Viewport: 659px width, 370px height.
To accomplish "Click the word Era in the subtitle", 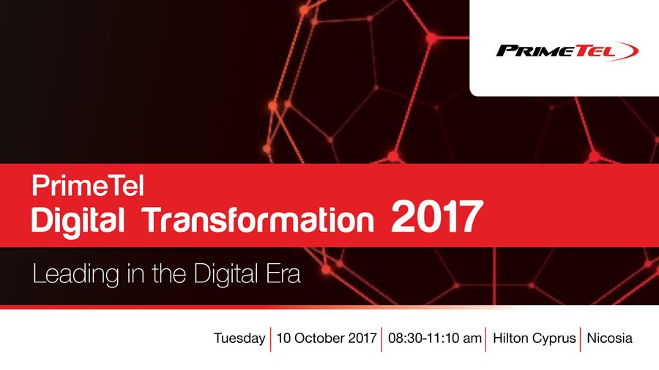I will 282,275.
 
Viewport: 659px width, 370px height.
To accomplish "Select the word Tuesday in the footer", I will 239,339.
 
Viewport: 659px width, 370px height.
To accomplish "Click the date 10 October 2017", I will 327,339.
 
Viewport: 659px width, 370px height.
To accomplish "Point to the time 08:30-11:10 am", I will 434,339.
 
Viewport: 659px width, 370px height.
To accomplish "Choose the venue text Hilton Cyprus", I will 535,339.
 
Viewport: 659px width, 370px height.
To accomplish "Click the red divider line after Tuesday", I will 271,339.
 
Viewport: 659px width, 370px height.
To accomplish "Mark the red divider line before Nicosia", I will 580,339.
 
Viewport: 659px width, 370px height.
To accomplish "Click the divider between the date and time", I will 382,339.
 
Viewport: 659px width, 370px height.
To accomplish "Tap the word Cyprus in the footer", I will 554,339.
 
